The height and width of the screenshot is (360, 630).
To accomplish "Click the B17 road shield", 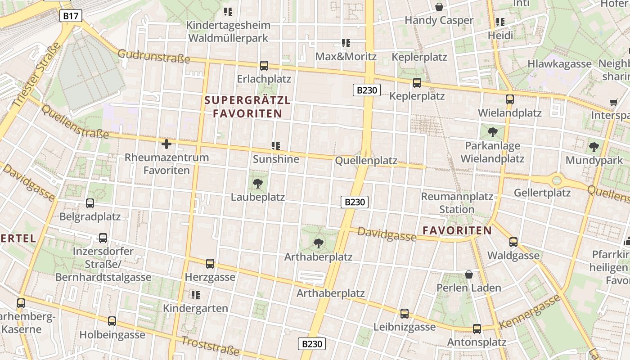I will [71, 17].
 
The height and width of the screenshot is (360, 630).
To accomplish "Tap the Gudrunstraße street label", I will [153, 57].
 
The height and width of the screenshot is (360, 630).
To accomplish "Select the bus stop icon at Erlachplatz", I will [264, 66].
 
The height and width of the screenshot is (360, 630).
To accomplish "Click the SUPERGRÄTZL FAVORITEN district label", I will [247, 107].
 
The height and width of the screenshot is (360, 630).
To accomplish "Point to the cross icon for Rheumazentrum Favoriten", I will [166, 144].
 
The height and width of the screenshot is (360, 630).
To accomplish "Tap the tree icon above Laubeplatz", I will [258, 183].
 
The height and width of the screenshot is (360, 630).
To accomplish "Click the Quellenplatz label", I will [366, 161].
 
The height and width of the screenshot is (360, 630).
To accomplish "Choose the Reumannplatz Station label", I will [457, 203].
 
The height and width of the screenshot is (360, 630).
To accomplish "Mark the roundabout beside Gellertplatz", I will [557, 180].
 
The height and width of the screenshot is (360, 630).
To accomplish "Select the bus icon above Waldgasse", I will [513, 242].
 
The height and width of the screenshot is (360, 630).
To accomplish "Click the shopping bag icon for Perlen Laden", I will [469, 274].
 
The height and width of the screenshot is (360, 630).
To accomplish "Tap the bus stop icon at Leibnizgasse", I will [405, 314].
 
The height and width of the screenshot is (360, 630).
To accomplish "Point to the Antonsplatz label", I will [477, 342].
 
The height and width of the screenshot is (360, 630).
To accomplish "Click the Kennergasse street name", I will [530, 312].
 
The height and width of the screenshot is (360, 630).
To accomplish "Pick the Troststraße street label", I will [210, 346].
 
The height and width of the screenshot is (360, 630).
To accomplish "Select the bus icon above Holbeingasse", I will [112, 321].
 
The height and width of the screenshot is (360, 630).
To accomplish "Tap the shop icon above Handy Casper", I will [439, 7].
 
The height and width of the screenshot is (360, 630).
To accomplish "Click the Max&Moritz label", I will [346, 57].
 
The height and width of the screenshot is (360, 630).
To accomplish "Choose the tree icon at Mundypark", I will [594, 147].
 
